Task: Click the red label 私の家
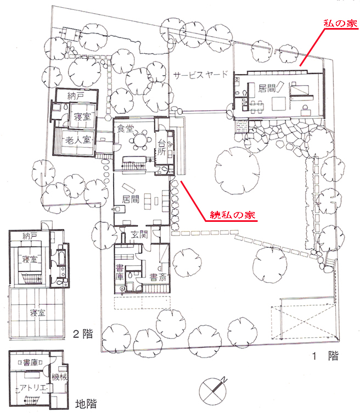click(x=340, y=24)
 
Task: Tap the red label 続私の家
click(x=232, y=215)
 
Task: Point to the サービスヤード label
click(x=200, y=75)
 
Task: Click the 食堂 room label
click(x=126, y=129)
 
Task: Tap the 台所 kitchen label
click(x=161, y=147)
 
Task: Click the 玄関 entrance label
click(x=139, y=234)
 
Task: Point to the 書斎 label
click(x=158, y=277)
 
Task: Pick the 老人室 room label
click(x=78, y=140)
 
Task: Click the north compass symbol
click(x=212, y=390)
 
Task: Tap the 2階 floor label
click(x=83, y=334)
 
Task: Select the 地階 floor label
click(x=86, y=404)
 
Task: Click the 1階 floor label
click(x=325, y=356)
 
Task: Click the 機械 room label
click(x=59, y=377)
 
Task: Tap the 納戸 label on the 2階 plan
click(x=30, y=236)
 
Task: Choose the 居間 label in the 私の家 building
click(x=267, y=88)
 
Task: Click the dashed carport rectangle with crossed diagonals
click(x=304, y=322)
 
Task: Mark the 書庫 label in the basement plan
click(x=31, y=362)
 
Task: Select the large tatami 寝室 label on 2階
click(x=37, y=313)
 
